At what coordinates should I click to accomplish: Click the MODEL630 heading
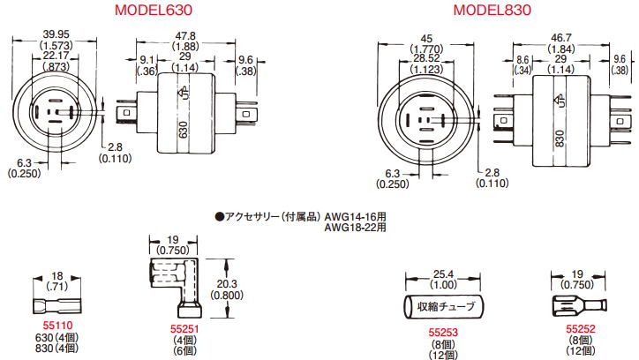click(154, 10)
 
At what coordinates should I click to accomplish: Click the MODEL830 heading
click(492, 10)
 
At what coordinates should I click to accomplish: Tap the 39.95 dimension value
click(56, 34)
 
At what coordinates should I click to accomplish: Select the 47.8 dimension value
click(185, 36)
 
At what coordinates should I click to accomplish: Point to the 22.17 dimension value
click(56, 56)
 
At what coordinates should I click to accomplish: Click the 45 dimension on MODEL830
click(426, 39)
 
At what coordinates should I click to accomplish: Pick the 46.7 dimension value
click(561, 38)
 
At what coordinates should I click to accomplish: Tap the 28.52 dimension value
click(426, 58)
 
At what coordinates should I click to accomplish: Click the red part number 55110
click(57, 326)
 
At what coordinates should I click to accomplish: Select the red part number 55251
click(184, 328)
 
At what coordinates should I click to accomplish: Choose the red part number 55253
click(443, 333)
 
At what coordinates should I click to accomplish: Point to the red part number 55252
click(581, 328)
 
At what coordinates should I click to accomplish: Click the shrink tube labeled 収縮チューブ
click(443, 307)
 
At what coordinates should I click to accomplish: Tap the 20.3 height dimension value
click(227, 284)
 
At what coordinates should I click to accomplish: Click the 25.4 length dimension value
click(443, 274)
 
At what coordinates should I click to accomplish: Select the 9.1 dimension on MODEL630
click(147, 60)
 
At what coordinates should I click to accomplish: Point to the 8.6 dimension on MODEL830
click(522, 60)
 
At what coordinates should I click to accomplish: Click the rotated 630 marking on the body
click(184, 130)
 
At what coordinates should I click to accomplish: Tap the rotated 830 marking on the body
click(560, 139)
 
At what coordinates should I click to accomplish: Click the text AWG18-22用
click(355, 228)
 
